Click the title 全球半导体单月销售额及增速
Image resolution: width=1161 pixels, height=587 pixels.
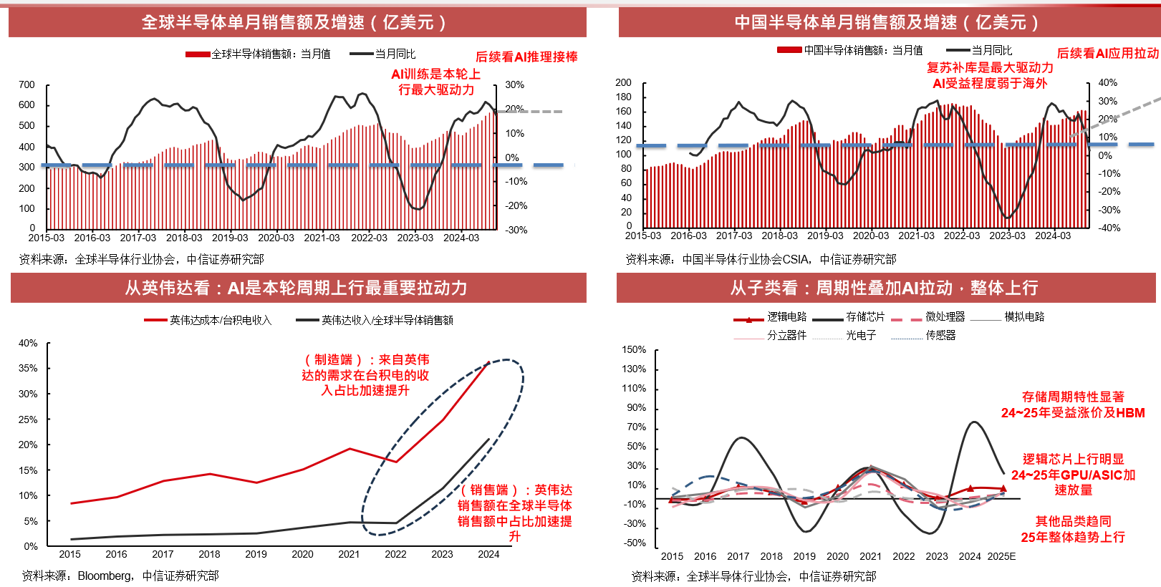(x=294, y=22)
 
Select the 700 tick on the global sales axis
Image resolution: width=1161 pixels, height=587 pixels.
(x=27, y=84)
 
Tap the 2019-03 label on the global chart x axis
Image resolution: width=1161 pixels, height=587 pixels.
(x=230, y=238)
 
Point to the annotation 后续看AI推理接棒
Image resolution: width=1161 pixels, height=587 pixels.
(x=526, y=57)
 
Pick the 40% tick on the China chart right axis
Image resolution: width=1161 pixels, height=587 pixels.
(x=1107, y=82)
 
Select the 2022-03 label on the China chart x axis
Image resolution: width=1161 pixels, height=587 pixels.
(x=961, y=236)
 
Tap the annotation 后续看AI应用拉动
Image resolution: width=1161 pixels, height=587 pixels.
(x=1107, y=53)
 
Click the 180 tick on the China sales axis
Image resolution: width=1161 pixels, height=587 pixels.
(x=623, y=97)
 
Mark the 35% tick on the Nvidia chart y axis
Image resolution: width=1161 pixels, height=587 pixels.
(x=28, y=368)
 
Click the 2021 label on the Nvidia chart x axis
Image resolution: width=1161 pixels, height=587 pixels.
(x=349, y=554)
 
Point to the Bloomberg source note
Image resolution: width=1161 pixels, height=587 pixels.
(x=120, y=576)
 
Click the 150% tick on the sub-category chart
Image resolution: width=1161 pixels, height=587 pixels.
(x=634, y=349)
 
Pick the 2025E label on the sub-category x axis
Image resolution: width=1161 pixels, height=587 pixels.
(x=1001, y=556)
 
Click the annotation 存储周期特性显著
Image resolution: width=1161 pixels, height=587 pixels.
(x=1072, y=397)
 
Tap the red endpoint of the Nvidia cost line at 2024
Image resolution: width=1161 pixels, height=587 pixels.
(x=489, y=362)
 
